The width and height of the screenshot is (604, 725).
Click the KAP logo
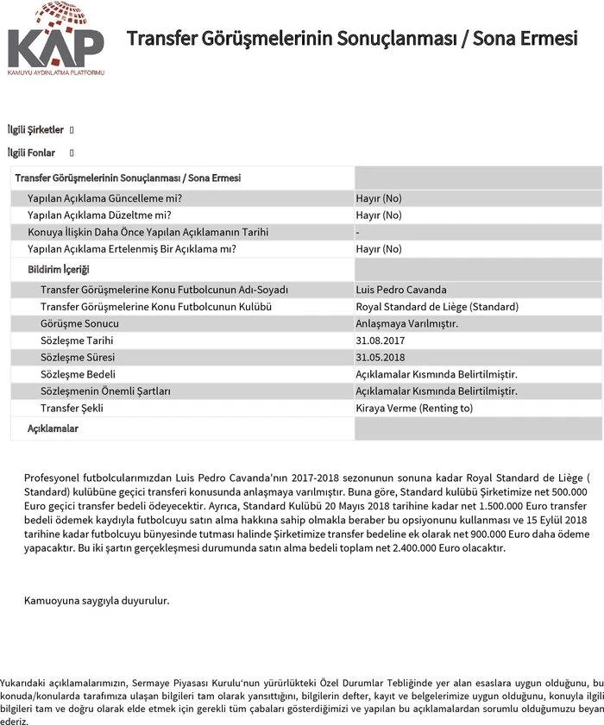click(55, 40)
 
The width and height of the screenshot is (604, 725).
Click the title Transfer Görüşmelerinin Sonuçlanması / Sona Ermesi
click(352, 40)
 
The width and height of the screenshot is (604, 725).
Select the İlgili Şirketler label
click(35, 129)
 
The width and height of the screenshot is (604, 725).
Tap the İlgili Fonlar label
click(31, 153)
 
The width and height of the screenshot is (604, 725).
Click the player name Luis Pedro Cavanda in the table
click(401, 290)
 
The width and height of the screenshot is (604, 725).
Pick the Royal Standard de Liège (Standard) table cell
click(437, 306)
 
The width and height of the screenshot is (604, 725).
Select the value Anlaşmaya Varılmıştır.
click(406, 323)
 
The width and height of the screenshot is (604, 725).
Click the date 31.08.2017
click(380, 341)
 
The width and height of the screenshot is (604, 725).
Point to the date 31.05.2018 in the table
click(380, 357)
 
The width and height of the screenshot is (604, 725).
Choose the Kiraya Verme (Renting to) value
click(414, 408)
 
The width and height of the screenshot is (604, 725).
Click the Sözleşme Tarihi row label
click(78, 341)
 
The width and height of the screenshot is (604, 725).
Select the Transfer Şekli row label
click(72, 408)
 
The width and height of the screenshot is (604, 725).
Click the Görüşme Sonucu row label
click(79, 323)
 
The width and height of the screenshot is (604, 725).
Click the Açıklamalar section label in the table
click(53, 428)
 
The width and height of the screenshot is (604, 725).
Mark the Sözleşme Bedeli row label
click(78, 374)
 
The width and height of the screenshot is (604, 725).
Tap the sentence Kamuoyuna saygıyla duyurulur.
click(97, 600)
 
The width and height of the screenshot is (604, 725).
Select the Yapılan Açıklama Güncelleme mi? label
click(104, 198)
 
